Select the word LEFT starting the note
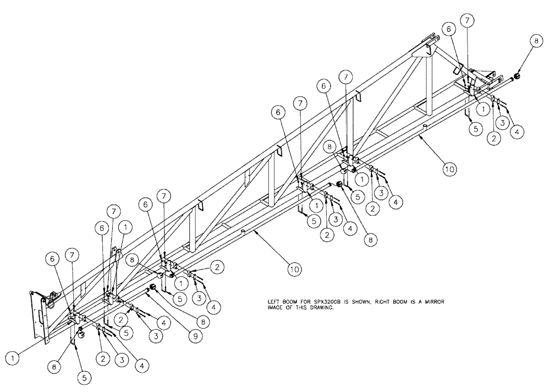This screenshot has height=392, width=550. pyautogui.click(x=272, y=302)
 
